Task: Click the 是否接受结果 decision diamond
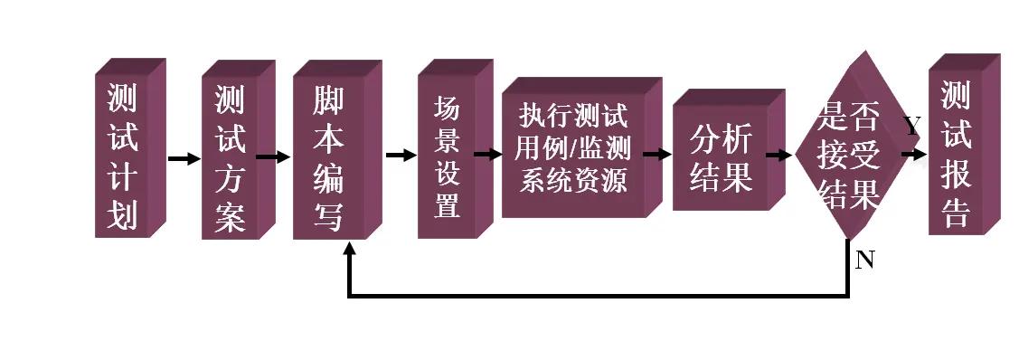848,154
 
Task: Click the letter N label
864,261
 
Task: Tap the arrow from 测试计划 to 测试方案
184,159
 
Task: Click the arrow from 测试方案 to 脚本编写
273,156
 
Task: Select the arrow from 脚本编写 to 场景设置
401,155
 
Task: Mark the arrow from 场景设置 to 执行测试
487,154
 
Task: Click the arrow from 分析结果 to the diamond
778,155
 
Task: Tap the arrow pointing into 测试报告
914,155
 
